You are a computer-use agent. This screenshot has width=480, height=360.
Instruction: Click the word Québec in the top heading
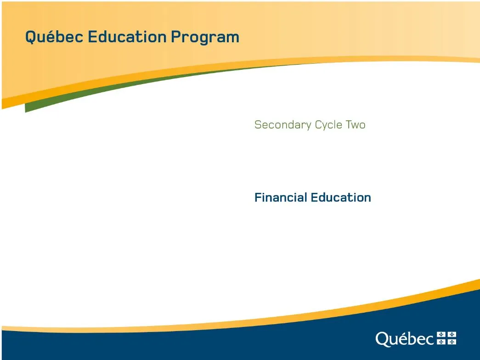point(54,37)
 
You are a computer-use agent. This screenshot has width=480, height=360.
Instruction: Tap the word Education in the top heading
point(127,37)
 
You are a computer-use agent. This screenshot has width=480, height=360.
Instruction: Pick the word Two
point(356,125)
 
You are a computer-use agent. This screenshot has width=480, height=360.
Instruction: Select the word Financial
point(281,197)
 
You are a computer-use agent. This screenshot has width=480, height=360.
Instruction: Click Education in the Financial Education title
point(341,197)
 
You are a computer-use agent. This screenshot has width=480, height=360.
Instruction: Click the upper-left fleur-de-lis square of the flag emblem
point(441,335)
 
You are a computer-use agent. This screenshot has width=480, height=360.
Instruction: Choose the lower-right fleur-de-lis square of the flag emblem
point(452,342)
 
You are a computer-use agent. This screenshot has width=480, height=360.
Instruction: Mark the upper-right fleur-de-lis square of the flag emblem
point(452,335)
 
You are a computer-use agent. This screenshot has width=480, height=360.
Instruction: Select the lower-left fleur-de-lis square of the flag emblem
point(441,342)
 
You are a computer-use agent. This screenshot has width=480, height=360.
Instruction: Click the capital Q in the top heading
point(31,37)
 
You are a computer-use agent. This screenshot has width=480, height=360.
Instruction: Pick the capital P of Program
point(176,37)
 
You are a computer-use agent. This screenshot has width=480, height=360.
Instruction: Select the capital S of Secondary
point(258,124)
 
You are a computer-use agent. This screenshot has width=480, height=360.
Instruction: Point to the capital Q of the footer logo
point(382,339)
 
